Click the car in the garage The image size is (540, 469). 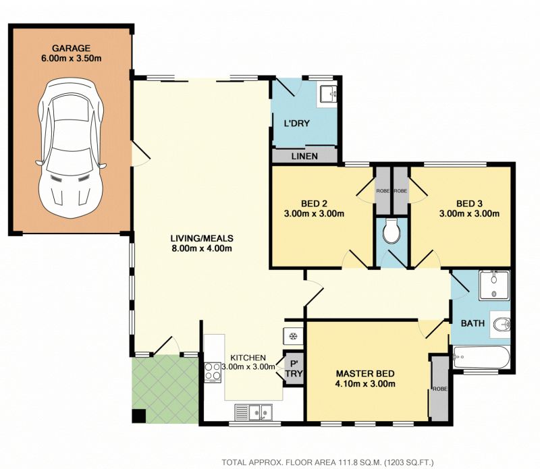(x=70, y=148)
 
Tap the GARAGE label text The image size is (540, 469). (x=72, y=48)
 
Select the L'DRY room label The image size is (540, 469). (x=296, y=123)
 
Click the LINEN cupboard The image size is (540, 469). (x=304, y=156)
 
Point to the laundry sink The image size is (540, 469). (x=328, y=94)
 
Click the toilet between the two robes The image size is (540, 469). (x=391, y=231)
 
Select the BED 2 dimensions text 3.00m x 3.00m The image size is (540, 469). (x=314, y=213)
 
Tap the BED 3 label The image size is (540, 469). (x=469, y=204)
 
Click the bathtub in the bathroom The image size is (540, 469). (x=481, y=357)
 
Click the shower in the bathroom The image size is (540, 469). (x=494, y=285)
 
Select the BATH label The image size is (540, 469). (x=473, y=323)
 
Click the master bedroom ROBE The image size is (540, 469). (x=440, y=389)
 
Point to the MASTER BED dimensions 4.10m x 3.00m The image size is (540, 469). (x=365, y=383)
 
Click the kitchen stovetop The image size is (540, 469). (x=213, y=373)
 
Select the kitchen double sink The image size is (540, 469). (x=254, y=412)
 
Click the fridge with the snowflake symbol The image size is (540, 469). (x=293, y=336)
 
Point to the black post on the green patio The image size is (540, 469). (x=140, y=416)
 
